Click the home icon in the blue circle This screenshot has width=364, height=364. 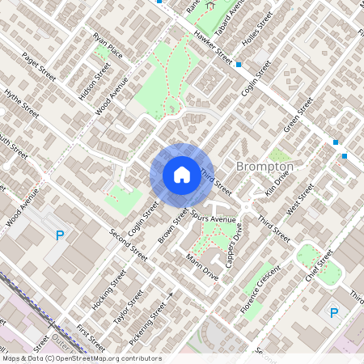182,174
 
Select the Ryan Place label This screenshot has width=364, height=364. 108,46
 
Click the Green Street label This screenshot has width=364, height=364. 298,114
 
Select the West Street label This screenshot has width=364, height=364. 305,194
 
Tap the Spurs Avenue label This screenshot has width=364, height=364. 214,218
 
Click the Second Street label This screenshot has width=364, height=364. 129,244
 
